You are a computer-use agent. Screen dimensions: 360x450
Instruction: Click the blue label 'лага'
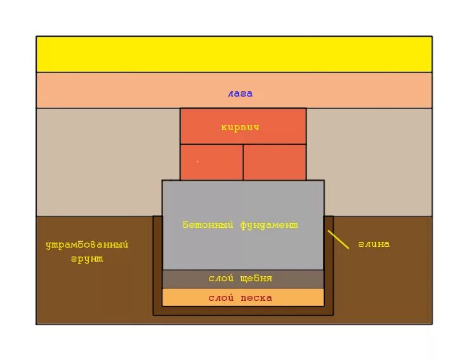240,94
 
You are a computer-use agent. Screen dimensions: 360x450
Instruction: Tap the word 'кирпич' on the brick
240,128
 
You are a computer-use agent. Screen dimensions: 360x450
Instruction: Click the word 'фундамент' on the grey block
269,225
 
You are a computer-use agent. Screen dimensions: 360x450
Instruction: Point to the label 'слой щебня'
240,279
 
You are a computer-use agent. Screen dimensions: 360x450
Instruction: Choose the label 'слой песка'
240,298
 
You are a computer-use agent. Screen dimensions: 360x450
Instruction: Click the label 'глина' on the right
373,244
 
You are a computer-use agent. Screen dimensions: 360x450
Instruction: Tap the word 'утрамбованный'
86,244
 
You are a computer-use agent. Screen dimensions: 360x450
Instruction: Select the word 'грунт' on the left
86,259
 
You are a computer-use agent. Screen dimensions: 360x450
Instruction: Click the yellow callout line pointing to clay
338,239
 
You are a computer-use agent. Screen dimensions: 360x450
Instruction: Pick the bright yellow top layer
234,54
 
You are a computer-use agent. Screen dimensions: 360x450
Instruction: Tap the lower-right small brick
274,163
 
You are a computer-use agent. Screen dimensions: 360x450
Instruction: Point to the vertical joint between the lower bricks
243,162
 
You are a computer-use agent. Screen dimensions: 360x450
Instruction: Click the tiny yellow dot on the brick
197,161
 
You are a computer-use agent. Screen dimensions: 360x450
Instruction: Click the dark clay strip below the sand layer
243,311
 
